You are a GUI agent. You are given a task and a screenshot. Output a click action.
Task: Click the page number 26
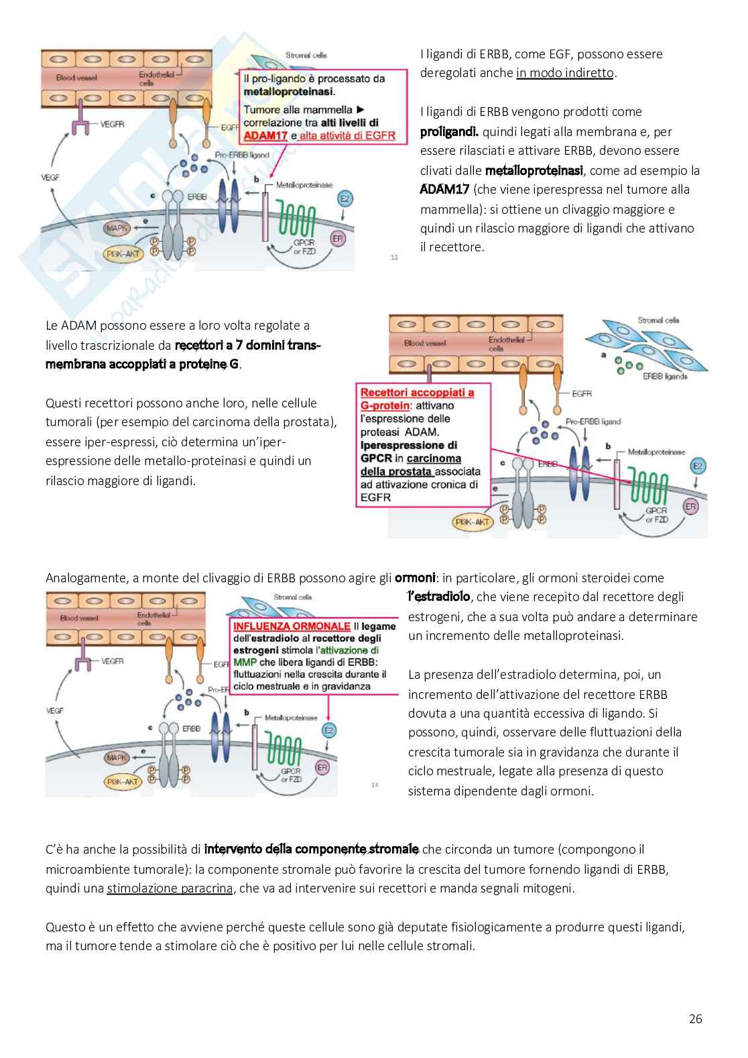click(x=695, y=1019)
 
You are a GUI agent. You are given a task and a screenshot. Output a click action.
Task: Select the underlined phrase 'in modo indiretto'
click(x=564, y=73)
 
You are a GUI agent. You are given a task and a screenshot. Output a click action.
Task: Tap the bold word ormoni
click(x=415, y=578)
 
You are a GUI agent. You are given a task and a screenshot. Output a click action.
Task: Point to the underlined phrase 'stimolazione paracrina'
click(x=170, y=888)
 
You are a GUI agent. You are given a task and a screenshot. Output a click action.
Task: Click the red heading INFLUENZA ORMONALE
click(x=292, y=626)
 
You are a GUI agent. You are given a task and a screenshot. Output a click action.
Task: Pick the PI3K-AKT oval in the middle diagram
click(x=473, y=522)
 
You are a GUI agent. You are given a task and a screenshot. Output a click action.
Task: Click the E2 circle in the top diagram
click(x=345, y=199)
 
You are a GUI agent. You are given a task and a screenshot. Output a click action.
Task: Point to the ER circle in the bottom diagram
click(x=322, y=767)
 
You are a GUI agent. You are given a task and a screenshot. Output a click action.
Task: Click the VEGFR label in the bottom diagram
click(x=113, y=661)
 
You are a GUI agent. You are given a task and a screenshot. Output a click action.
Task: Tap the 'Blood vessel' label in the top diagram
click(x=76, y=78)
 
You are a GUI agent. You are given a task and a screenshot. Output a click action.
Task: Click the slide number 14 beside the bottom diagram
click(x=375, y=785)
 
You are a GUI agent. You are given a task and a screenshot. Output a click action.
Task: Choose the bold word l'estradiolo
click(x=438, y=596)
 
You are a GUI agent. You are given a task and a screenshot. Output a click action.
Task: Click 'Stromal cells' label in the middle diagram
click(x=658, y=320)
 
